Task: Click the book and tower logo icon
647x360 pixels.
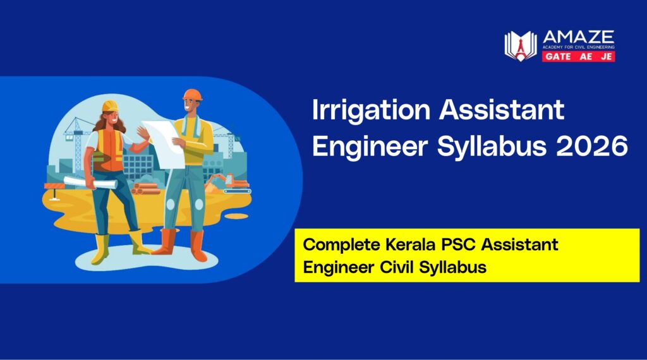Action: point(520,46)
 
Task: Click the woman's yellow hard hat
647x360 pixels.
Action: point(111,105)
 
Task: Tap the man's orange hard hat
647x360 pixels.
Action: point(191,95)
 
